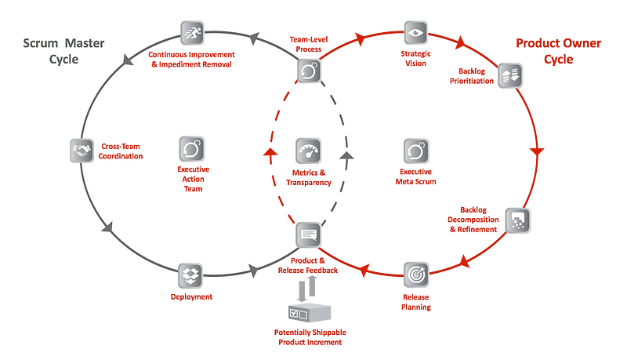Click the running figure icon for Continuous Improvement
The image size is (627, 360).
point(192,33)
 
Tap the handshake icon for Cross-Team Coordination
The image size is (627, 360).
point(82,151)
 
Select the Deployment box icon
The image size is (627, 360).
point(190,275)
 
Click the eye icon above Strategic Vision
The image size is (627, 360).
point(416,32)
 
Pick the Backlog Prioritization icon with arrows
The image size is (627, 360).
point(510,75)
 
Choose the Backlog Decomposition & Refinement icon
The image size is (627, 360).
point(518,220)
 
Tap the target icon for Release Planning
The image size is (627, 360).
point(416,275)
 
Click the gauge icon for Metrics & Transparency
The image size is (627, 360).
point(308,151)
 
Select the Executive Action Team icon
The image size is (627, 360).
point(192,149)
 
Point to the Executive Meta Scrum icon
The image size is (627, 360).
point(416,151)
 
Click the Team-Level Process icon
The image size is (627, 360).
point(309,71)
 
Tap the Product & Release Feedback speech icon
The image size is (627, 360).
point(308,235)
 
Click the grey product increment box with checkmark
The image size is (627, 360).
point(310,312)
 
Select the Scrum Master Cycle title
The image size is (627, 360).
point(63,51)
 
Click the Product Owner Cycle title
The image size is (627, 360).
point(558,51)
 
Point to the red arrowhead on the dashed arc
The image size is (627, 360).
point(270,152)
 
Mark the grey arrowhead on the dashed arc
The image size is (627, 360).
point(346,155)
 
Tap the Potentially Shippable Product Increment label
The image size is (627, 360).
point(310,337)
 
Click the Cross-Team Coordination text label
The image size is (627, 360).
point(121,151)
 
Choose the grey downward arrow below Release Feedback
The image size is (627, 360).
point(302,291)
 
